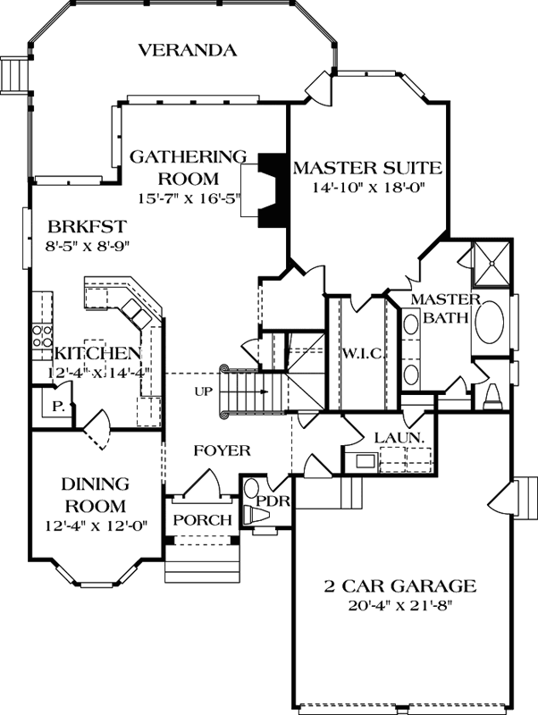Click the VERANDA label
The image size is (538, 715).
coord(188,50)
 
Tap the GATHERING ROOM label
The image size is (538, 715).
coord(188,166)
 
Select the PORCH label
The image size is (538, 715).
coord(202,520)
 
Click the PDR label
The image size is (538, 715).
coord(273,500)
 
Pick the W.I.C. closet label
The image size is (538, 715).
coord(363,354)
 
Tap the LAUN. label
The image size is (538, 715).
coord(398,438)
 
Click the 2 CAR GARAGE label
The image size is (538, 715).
coord(399,587)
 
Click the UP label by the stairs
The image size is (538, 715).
coord(203,391)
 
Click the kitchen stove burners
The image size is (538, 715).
coord(41,336)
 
